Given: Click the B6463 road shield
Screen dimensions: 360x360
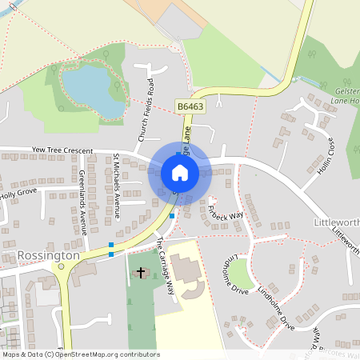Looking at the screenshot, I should click(190, 105).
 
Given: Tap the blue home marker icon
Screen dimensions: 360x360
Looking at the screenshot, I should click(180, 172).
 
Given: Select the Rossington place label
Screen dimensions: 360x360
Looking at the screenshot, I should click(48, 255).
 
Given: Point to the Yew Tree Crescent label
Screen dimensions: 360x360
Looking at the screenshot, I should click(62, 150).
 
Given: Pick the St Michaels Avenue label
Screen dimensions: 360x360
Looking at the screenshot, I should click(116, 186).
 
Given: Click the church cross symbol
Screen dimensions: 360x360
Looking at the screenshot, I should click(141, 273).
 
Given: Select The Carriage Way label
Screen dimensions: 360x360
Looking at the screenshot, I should click(166, 266).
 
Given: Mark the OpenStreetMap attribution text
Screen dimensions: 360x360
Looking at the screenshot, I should click(80, 354).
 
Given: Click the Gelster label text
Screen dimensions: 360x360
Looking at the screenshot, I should click(346, 91).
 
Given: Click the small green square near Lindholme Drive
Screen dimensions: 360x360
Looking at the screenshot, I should click(242, 274).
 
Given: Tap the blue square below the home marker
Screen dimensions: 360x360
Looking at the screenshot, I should click(172, 215).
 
